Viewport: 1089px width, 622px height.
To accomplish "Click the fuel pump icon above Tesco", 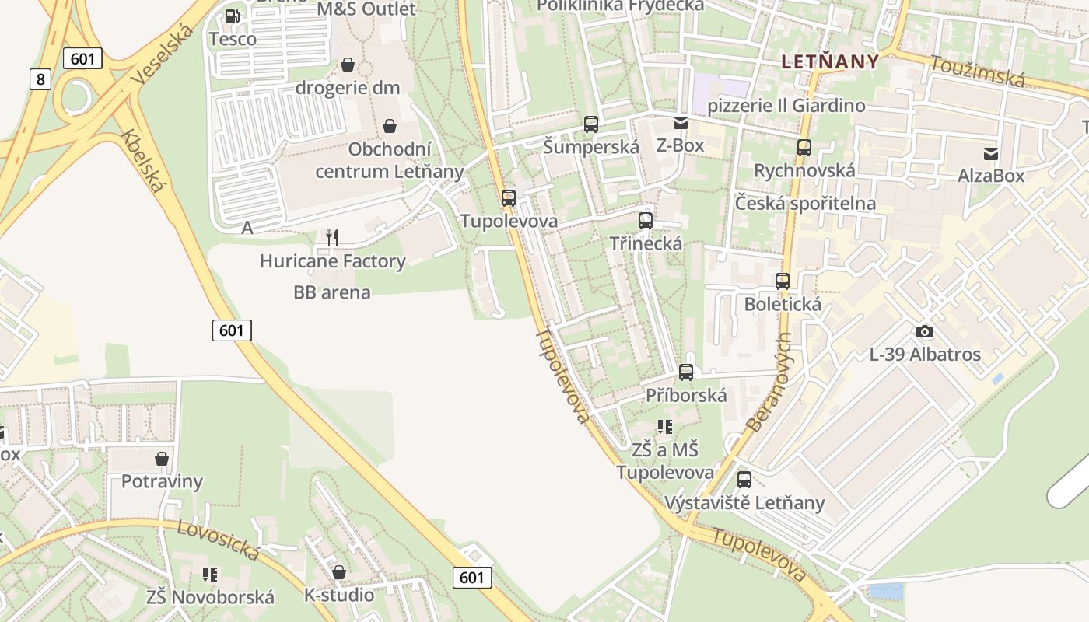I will pos(232,16).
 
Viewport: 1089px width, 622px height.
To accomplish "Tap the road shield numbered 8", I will pos(40,79).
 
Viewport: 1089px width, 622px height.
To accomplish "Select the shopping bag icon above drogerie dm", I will pos(348,65).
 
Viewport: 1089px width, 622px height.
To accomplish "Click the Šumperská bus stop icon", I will pos(591,124).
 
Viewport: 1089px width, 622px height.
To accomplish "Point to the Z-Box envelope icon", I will pos(681,122).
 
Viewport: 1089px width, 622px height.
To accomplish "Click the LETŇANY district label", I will pos(830,62).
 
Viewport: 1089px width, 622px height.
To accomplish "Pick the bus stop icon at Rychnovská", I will pos(804,148).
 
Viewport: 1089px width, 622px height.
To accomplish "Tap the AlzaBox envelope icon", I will pos(991,153).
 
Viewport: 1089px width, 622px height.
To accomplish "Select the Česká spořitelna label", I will pos(805,204).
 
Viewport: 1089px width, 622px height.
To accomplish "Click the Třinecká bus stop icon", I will pos(646,221).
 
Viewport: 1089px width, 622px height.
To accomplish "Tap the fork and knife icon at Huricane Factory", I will pos(332,237).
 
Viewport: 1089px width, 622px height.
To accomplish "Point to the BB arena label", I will pos(332,293).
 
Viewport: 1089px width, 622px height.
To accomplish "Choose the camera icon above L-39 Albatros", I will pos(925,332).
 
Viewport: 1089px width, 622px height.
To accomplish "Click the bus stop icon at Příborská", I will pos(686,372).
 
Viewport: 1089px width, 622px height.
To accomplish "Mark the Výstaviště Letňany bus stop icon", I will pos(744,480).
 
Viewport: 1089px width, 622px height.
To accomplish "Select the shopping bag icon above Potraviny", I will pos(162,459).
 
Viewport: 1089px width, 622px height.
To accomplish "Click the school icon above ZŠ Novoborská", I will pos(210,575).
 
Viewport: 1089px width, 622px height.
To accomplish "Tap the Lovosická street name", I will pos(218,540).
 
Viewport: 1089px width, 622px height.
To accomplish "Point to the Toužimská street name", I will pos(978,72).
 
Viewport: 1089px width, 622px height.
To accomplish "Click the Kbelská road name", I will pos(144,161).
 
